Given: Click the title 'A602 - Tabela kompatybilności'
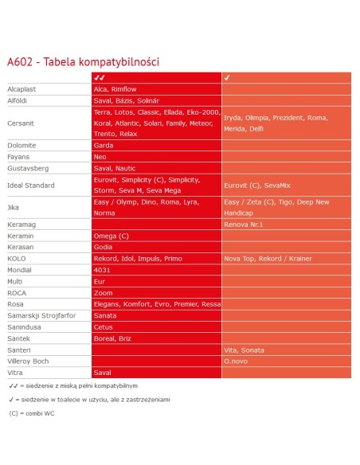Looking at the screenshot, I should (84, 61).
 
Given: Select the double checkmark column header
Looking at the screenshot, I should (100, 78).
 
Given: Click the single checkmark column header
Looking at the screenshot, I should (228, 78).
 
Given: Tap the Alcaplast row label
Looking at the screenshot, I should (22, 89).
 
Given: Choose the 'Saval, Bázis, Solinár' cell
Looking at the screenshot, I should (127, 100).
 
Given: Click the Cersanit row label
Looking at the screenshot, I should (22, 123).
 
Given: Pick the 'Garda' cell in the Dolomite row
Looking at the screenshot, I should (104, 146).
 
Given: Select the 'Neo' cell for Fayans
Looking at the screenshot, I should (100, 157).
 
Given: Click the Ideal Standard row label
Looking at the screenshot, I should (31, 186).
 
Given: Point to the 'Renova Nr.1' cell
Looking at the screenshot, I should (243, 225).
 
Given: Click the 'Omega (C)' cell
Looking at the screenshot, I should (111, 236).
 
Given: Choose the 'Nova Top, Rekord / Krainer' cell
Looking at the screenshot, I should (267, 259).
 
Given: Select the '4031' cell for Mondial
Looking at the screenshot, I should (102, 270).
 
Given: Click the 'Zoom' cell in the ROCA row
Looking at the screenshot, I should (103, 293).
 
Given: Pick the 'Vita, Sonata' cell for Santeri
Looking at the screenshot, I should (245, 350).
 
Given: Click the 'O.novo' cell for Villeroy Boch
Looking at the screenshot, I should (237, 361).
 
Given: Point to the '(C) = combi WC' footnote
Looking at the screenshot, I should (32, 413).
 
